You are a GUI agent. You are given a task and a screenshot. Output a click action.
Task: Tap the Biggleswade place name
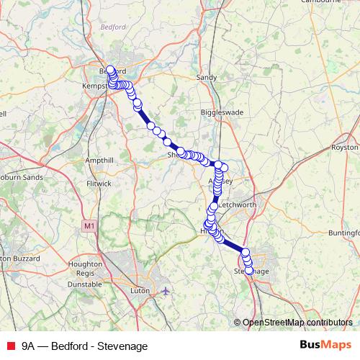click(217, 113)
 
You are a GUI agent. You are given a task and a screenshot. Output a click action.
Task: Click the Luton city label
click(140, 290)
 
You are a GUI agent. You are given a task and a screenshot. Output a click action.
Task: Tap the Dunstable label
click(85, 284)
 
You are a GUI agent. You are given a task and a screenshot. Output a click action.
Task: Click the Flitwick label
click(99, 184)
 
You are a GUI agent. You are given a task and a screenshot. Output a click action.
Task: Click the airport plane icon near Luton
click(166, 290)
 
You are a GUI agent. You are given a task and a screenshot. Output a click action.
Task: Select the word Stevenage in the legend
click(125, 346)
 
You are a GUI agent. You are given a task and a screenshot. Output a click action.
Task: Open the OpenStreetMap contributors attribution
click(297, 323)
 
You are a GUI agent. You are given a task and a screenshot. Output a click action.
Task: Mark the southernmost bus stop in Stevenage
click(250, 271)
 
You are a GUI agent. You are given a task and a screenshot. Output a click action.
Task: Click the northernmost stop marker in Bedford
click(110, 70)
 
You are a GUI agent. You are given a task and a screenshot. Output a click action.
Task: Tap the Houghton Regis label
click(85, 269)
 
